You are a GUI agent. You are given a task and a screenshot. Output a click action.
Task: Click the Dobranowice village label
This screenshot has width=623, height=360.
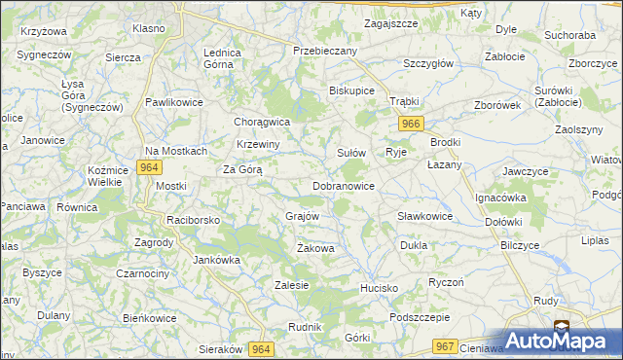[344, 185]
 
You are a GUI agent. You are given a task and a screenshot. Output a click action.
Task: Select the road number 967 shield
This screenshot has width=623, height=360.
[446, 346]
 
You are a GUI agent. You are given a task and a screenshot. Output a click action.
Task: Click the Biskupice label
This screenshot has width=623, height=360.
[352, 92]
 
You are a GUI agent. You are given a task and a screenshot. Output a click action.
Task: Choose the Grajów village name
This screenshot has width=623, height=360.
[303, 216]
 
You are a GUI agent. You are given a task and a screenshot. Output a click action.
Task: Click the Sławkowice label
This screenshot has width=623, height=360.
[424, 216]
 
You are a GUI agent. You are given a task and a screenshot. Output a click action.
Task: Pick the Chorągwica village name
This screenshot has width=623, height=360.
[263, 122]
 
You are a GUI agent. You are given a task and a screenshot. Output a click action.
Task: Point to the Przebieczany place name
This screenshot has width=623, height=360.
[326, 50]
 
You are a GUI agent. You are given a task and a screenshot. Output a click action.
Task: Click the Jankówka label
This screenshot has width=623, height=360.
[216, 260]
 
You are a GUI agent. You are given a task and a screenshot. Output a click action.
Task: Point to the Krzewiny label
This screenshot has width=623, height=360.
[259, 145]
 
